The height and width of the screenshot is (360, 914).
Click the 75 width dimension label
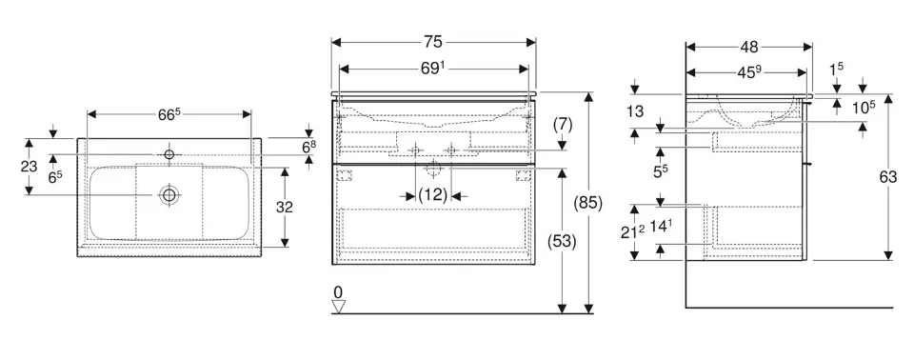433,42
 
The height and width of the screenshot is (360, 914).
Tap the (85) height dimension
587,203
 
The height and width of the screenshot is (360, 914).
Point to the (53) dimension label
562,241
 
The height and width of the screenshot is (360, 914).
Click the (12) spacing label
432,195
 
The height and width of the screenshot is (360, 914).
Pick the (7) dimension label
562,124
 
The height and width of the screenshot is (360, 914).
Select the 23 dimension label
29,167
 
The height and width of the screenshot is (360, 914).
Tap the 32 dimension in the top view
285,207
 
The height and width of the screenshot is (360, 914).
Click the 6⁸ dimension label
309,147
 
